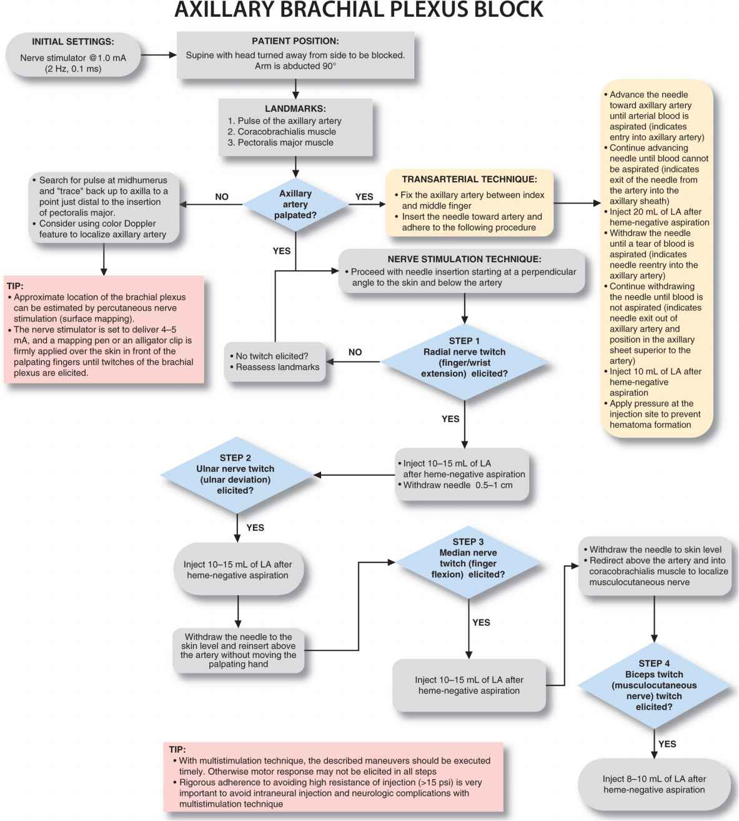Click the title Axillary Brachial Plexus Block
tap(359, 11)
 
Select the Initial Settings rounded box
tap(73, 56)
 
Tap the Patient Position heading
tap(295, 41)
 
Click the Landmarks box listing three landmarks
tap(295, 127)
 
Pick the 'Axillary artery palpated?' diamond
tap(295, 204)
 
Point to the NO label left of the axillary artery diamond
tap(222, 197)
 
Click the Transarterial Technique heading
tap(469, 179)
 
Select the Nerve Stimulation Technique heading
tap(464, 259)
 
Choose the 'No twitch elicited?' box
tap(275, 361)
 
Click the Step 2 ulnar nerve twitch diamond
tap(236, 474)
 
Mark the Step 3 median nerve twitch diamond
tap(468, 558)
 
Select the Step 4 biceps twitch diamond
tap(654, 685)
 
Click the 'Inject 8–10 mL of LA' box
tap(654, 784)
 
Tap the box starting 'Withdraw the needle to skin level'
tap(654, 566)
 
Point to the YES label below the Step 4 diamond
tap(667, 744)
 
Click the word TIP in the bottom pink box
tap(177, 749)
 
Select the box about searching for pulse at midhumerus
tap(104, 207)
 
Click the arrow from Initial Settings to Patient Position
tap(159, 56)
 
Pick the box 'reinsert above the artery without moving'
tap(238, 651)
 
